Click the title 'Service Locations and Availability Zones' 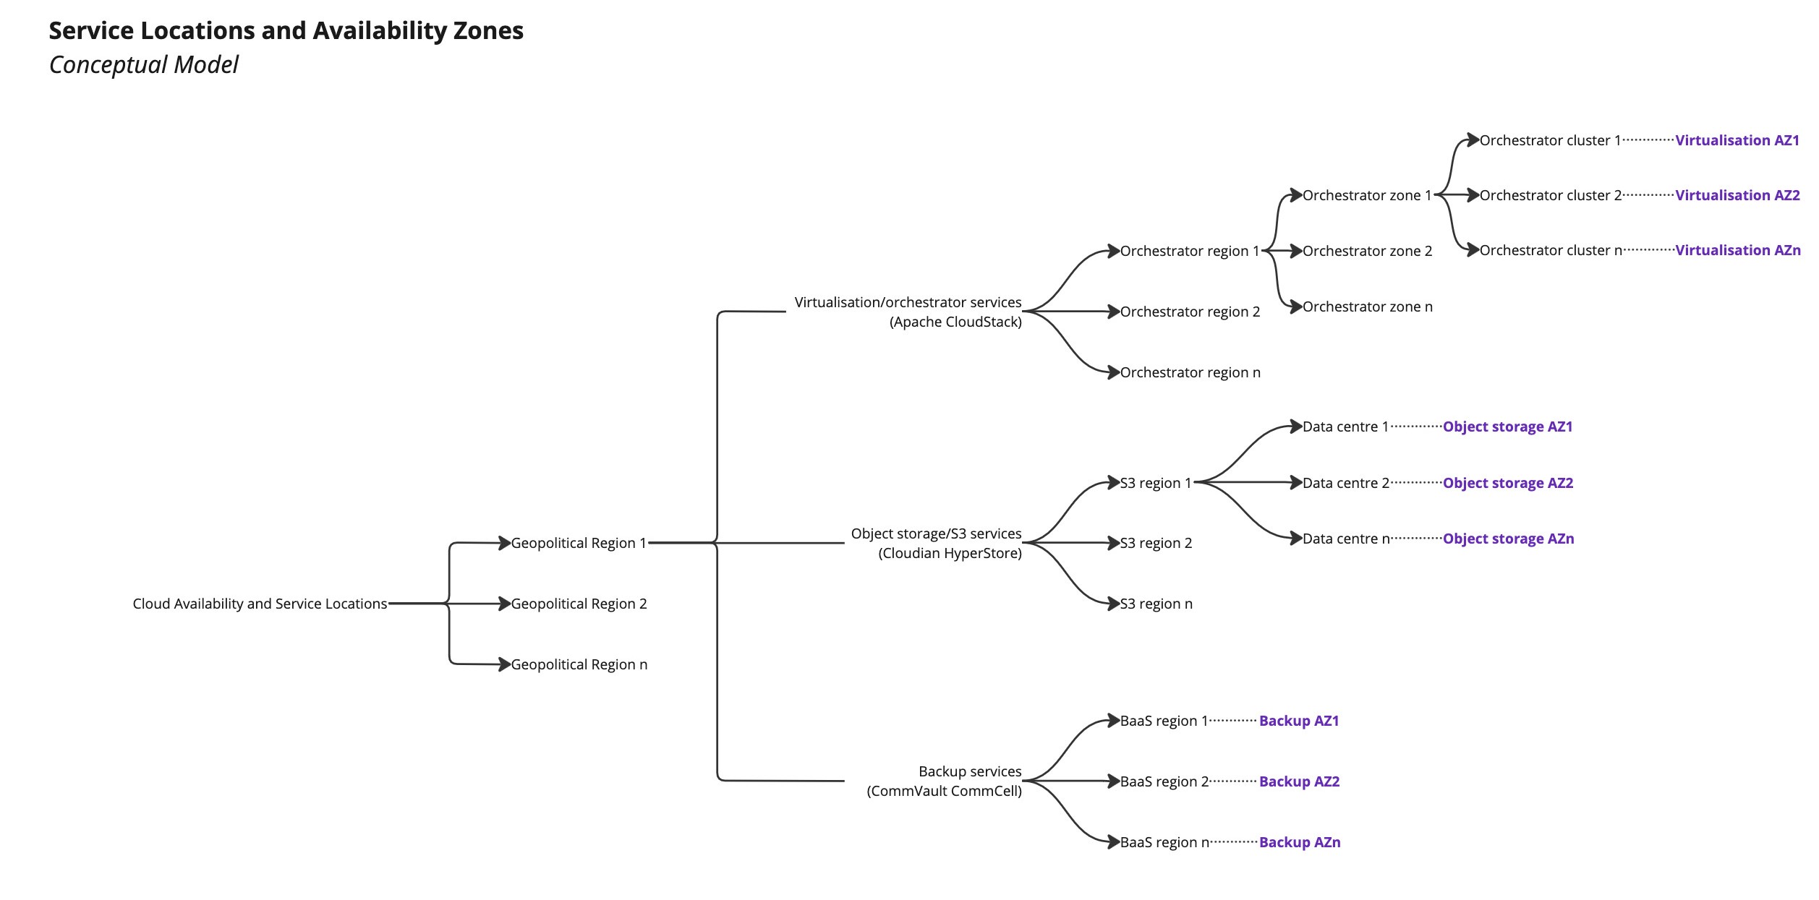286,30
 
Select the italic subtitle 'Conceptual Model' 143,65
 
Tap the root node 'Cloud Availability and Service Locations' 260,604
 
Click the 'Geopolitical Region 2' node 579,604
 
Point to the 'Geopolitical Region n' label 579,664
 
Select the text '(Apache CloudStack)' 955,322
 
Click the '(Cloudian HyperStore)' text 950,554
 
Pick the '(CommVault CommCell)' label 944,791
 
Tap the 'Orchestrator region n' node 1190,372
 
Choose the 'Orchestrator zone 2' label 1367,251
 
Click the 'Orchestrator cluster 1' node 1550,140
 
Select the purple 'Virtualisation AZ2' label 1737,195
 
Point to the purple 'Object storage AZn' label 1508,539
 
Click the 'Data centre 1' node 1345,427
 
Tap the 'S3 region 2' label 1156,543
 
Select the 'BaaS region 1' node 1164,721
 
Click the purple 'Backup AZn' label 1299,842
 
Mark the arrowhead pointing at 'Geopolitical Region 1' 505,543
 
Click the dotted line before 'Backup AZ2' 1233,781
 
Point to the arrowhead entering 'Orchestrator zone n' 1296,307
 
